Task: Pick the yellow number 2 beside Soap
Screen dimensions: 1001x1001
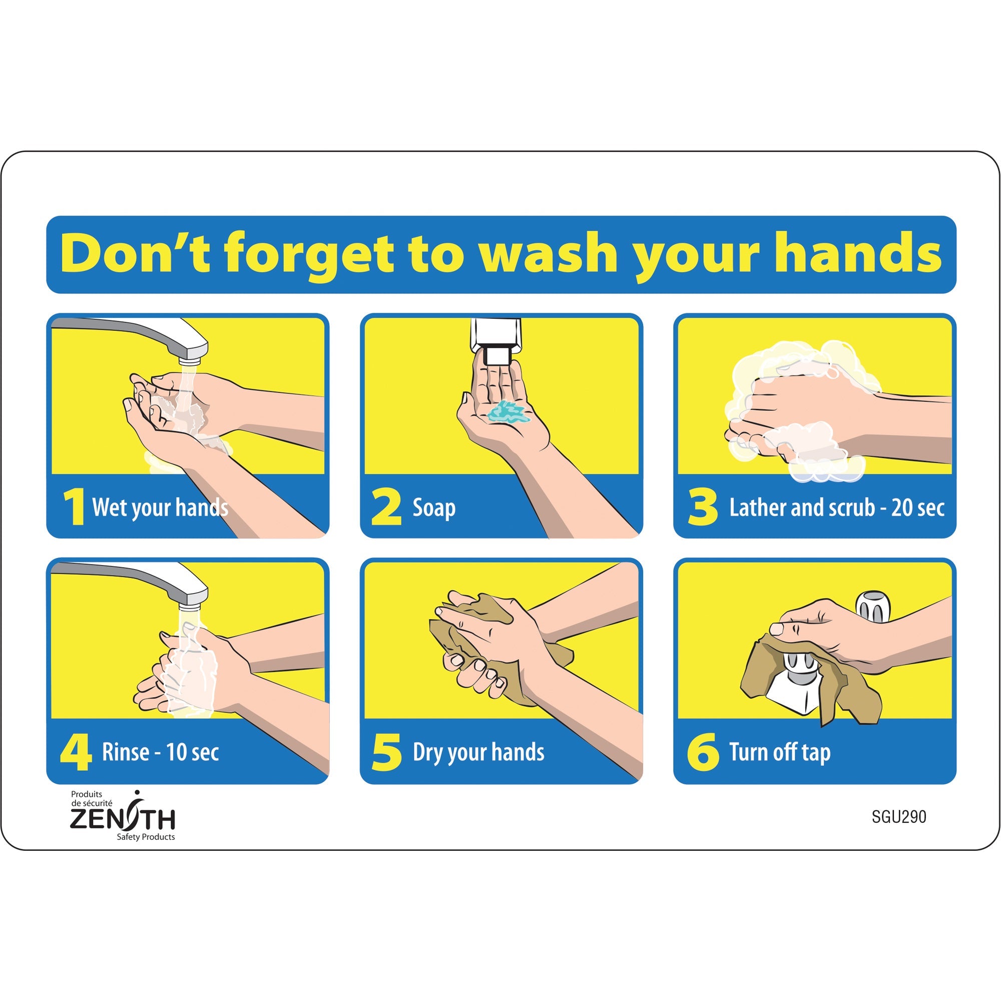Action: pos(386,507)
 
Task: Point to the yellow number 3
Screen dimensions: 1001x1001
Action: pos(703,507)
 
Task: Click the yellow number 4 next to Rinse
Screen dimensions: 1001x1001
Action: pos(76,752)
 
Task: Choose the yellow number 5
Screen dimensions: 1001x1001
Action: pos(386,752)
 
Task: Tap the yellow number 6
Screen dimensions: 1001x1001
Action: pos(703,752)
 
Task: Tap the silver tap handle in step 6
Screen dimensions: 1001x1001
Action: pos(872,606)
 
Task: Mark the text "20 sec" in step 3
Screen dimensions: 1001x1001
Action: pos(917,508)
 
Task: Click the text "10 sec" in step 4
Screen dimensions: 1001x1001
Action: pos(193,752)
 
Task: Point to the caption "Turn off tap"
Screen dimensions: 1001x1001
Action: pos(780,752)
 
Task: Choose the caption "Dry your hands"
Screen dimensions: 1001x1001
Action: pos(478,753)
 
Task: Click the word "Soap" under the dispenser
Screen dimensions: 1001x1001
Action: pos(433,508)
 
